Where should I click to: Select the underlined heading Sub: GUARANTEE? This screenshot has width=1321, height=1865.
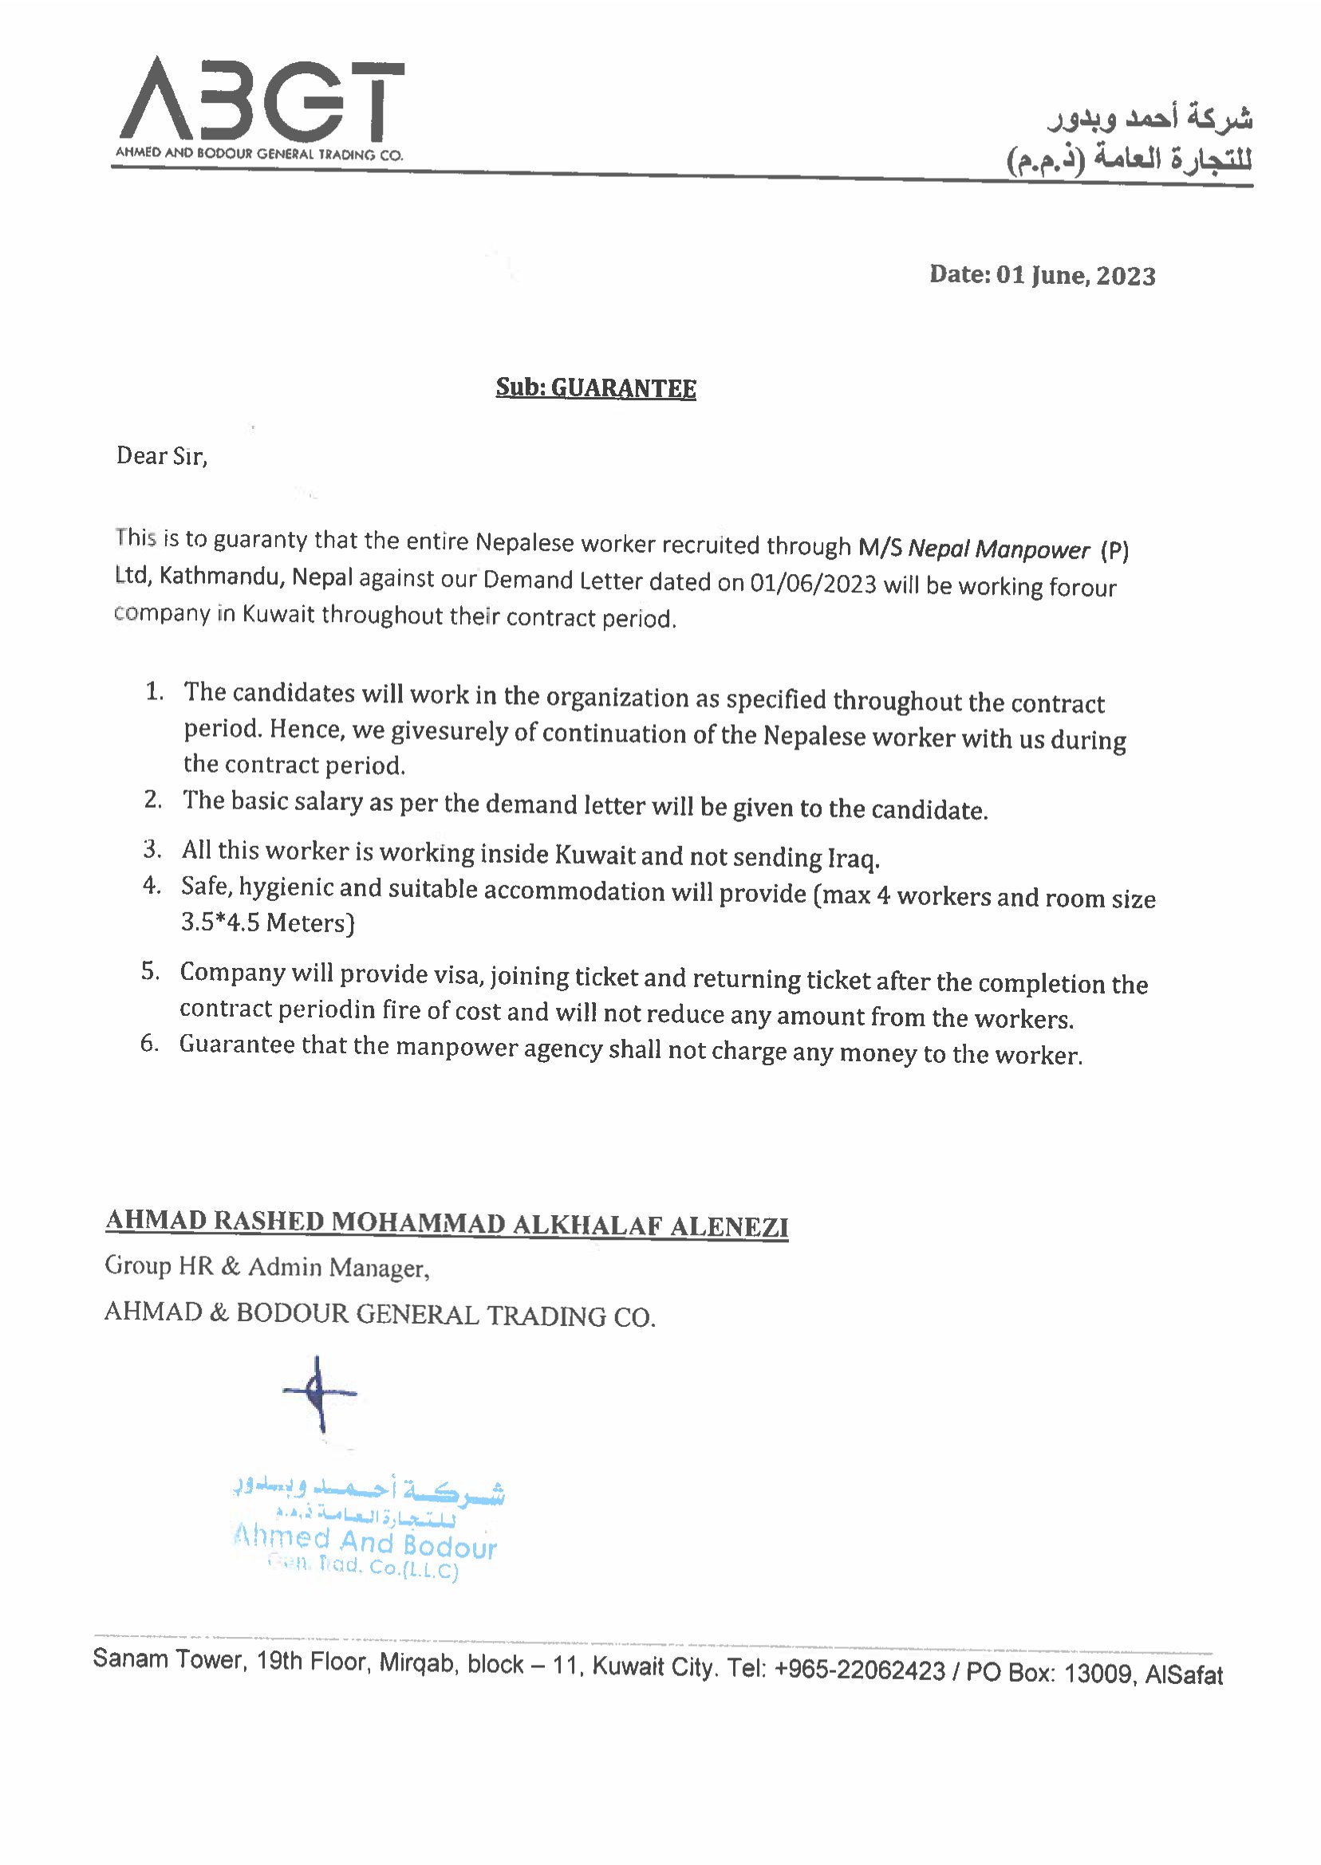pyautogui.click(x=595, y=388)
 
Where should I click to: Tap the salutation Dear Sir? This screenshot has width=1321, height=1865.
pyautogui.click(x=162, y=455)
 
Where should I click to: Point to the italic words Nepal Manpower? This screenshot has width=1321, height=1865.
pyautogui.click(x=998, y=549)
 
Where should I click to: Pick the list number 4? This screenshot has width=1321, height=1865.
pyautogui.click(x=152, y=884)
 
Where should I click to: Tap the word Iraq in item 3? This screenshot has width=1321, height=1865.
pyautogui.click(x=853, y=858)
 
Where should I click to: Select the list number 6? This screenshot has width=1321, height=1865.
pyautogui.click(x=150, y=1043)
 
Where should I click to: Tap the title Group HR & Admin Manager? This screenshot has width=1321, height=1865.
pyautogui.click(x=266, y=1267)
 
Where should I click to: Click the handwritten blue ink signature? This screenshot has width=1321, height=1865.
pyautogui.click(x=319, y=1393)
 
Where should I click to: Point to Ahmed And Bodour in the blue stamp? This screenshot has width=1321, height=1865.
pyautogui.click(x=365, y=1541)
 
